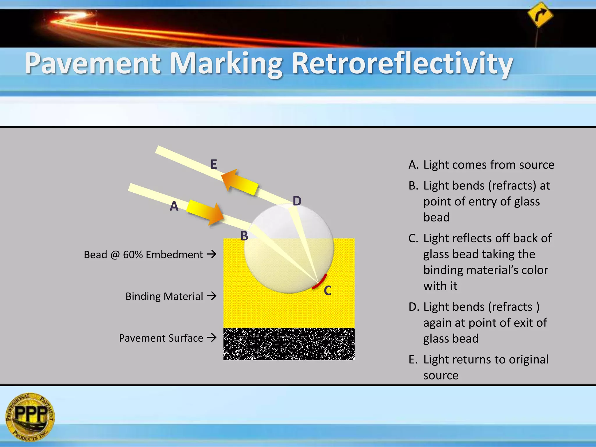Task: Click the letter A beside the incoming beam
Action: [x=174, y=206]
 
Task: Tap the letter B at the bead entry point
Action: [x=244, y=236]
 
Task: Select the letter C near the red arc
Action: [x=328, y=290]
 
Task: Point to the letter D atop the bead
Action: [x=297, y=201]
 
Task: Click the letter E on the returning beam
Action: [x=214, y=164]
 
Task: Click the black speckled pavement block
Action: [x=289, y=344]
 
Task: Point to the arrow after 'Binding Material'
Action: [x=212, y=296]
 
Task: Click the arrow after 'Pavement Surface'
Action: [x=212, y=338]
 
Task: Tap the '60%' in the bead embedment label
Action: [x=132, y=255]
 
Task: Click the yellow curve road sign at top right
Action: [x=540, y=15]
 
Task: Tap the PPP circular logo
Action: [x=30, y=416]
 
